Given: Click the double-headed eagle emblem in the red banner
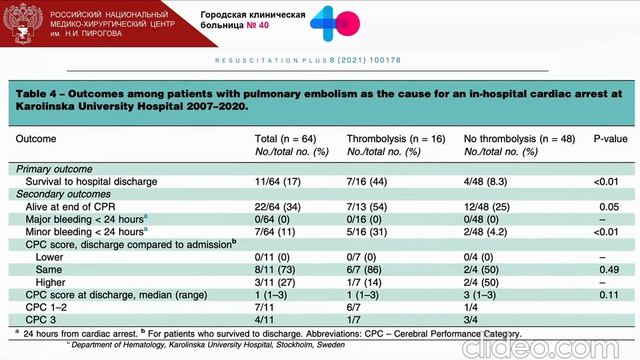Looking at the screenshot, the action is (23, 23).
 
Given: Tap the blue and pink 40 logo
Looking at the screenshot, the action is (335, 23).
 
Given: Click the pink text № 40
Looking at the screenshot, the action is (258, 25).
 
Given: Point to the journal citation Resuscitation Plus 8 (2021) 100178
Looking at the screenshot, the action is (308, 60).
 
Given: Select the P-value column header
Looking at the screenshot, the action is (610, 139).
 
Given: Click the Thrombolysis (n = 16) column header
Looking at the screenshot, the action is (396, 139).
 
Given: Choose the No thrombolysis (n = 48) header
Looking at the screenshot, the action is (519, 139).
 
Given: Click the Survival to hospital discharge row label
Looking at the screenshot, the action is (91, 182).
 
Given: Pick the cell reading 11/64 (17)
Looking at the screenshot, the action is (278, 182).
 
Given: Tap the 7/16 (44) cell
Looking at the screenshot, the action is (367, 182).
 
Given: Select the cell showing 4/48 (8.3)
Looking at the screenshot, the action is (485, 182).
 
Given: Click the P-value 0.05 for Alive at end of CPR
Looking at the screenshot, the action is (609, 207).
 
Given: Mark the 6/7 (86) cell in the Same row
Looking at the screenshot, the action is (364, 270).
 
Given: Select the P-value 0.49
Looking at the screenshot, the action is (609, 270).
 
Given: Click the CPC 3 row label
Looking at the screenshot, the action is (40, 320).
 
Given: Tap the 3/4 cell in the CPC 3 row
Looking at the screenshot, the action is (471, 320).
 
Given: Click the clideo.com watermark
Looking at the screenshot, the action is (541, 348).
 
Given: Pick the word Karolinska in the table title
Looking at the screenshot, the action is (45, 107).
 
